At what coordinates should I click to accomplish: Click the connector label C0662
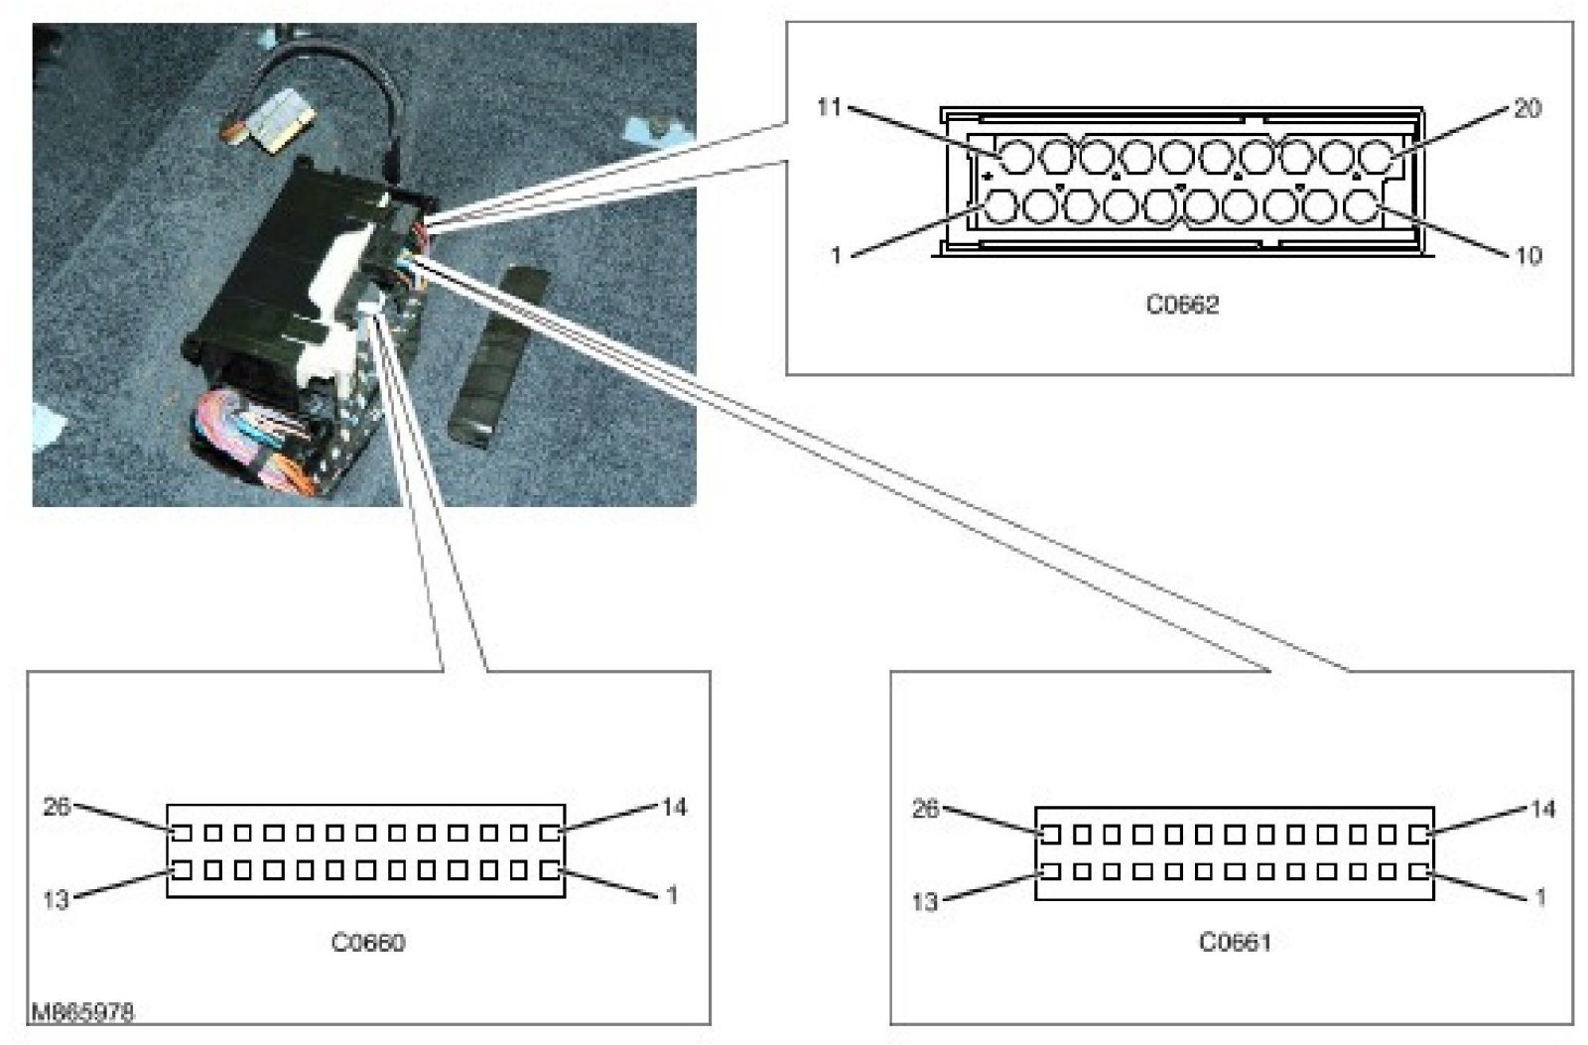tap(1182, 306)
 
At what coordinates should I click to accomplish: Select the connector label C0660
tap(368, 942)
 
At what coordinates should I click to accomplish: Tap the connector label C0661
tap(1235, 942)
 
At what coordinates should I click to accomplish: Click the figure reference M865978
tap(82, 1013)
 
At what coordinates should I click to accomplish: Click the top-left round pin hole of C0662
tap(1015, 158)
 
